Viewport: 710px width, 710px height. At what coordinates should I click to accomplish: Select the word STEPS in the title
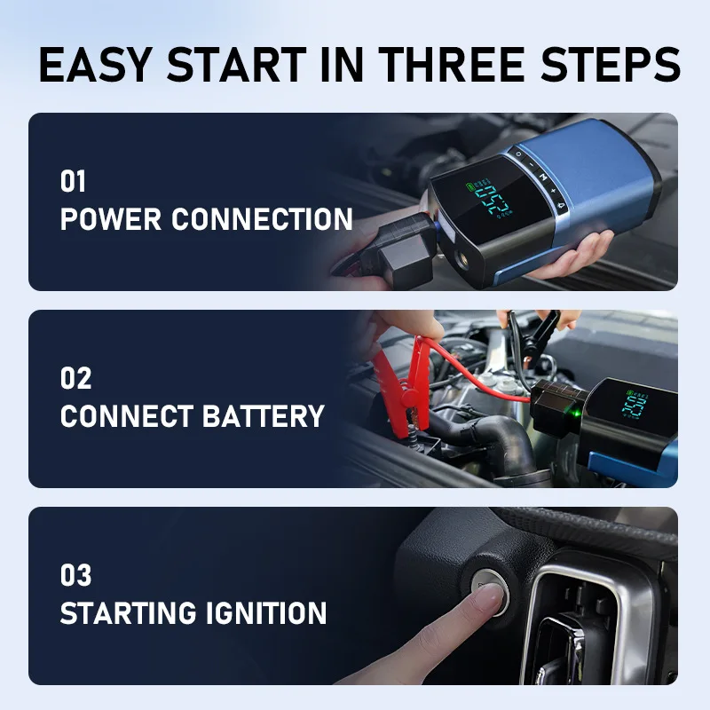pyautogui.click(x=613, y=66)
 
